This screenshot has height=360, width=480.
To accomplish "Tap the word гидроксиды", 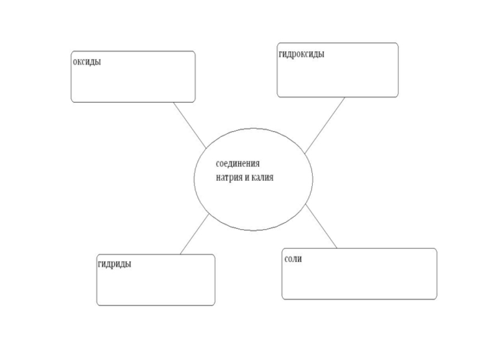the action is pos(302,54).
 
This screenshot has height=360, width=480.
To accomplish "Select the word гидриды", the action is pos(115,264).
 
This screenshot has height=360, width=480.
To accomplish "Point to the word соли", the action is pos(293,259).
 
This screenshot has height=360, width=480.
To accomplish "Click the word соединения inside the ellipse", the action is pos(238,164).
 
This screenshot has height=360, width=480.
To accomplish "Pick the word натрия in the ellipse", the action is pos(229,178).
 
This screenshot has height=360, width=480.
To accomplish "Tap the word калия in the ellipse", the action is pos(260,178).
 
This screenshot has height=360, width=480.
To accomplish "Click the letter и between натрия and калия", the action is pos(246,178).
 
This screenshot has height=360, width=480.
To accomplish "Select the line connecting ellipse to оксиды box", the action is pos(189,124).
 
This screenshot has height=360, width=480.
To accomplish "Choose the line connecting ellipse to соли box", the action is pos(322,226).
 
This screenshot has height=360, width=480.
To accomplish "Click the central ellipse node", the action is pos(253,198).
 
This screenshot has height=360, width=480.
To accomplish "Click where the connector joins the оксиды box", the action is pos(173,103).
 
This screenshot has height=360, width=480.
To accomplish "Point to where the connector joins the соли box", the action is pos(337,248).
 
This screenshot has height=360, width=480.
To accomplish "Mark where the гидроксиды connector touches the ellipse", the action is pos(305,153).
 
